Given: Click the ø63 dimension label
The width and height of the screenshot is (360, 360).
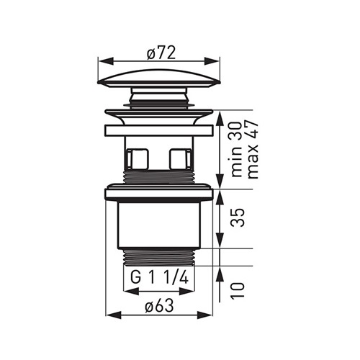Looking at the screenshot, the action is click(159, 306).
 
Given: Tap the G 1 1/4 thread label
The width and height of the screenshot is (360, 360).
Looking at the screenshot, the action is click(160, 278).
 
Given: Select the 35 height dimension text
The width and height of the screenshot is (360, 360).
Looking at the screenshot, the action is click(238, 217).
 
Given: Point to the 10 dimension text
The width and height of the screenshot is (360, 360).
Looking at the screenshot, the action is click(238, 289).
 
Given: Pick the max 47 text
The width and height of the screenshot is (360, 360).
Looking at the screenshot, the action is click(253, 149).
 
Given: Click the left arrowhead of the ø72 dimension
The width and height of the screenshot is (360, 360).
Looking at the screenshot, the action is click(106, 60).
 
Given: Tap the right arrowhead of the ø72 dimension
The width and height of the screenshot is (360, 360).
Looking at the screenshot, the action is click(212, 60).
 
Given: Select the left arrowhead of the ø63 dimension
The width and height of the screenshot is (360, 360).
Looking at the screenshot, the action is click(114, 315).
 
